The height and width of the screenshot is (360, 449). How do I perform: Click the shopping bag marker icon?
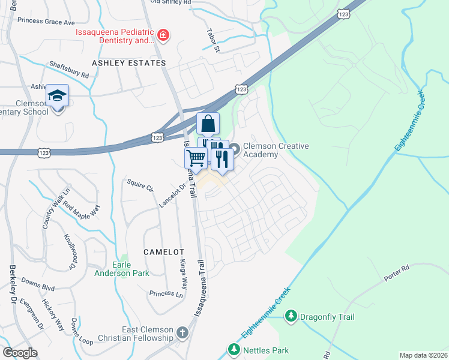point(208,124)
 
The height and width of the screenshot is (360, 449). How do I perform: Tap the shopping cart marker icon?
point(196,159)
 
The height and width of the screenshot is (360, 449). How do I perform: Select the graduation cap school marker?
point(58,96)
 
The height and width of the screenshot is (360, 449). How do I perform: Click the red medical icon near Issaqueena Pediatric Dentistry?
point(163,35)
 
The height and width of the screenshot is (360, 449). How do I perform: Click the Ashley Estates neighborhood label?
point(128,63)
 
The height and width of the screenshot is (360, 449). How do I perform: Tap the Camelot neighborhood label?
point(163,252)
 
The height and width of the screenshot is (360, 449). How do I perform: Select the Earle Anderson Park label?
point(121,269)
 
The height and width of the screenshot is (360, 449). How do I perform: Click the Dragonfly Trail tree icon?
point(291,316)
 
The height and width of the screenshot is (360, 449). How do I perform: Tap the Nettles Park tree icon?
point(234,350)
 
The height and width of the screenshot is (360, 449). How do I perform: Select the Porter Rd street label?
point(397,278)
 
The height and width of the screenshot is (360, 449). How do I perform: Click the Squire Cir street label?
point(139,185)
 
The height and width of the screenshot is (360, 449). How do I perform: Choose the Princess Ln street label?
point(166,294)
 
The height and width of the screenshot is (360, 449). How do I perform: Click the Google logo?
point(20,353)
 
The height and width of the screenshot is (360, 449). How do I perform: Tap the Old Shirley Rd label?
point(170,2)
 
